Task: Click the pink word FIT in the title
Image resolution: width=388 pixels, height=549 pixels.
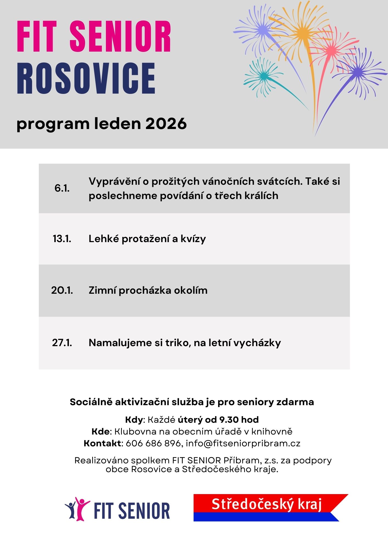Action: pyautogui.click(x=36, y=37)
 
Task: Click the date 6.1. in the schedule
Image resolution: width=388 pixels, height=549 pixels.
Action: pyautogui.click(x=62, y=188)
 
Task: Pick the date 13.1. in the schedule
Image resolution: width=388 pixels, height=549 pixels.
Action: pyautogui.click(x=62, y=239)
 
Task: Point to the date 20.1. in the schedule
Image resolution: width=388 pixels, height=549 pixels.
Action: pyautogui.click(x=62, y=290)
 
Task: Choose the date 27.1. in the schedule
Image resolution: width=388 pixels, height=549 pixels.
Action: pyautogui.click(x=62, y=343)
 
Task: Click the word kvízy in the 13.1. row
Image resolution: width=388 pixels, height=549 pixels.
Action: pyautogui.click(x=193, y=239)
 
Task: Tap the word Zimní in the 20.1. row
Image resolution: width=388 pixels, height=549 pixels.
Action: pyautogui.click(x=102, y=290)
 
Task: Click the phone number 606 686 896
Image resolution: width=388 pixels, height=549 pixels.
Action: pyautogui.click(x=153, y=443)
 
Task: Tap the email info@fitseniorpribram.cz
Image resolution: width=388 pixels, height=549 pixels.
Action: pyautogui.click(x=243, y=443)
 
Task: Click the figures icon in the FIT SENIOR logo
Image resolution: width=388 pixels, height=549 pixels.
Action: pyautogui.click(x=77, y=509)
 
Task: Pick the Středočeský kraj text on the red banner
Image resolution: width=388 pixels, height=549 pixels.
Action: pyautogui.click(x=266, y=504)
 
